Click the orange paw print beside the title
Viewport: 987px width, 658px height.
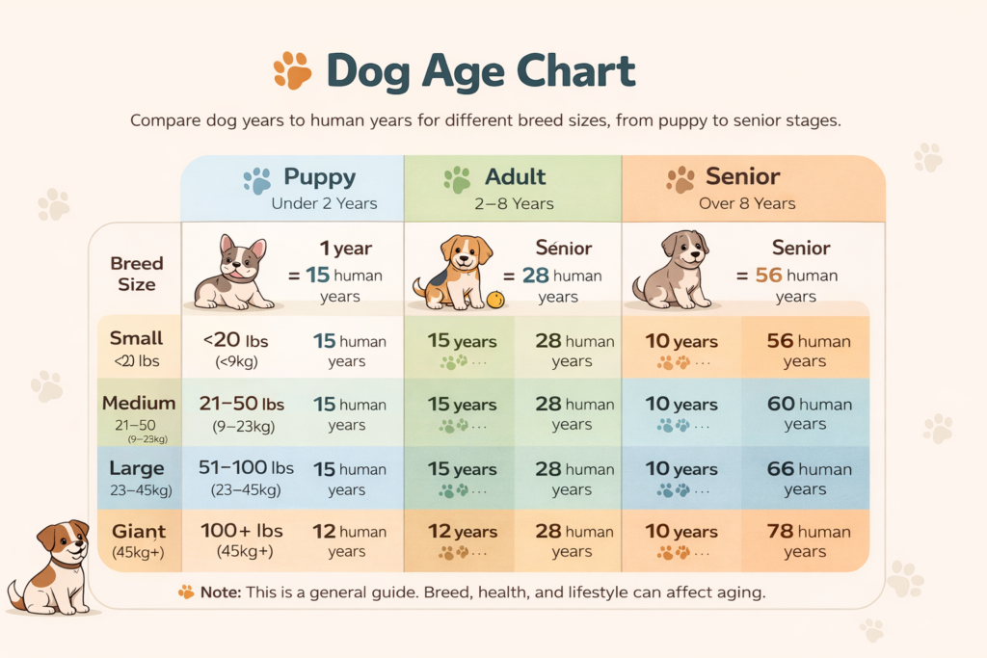(x=292, y=70)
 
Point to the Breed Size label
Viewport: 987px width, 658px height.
(x=137, y=274)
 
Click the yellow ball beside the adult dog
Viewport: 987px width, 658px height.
(x=495, y=300)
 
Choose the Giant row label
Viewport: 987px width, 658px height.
(x=137, y=540)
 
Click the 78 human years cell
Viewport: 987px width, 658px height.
(x=808, y=540)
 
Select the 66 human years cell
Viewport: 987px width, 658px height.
(x=808, y=479)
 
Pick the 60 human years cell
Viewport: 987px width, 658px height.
(x=808, y=413)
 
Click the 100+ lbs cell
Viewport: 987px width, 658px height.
(x=241, y=540)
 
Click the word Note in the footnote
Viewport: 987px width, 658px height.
(x=221, y=592)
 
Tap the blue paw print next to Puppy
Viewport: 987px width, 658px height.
(x=257, y=180)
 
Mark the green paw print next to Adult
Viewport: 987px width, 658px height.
(x=457, y=180)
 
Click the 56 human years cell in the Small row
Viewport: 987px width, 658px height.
(x=808, y=351)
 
